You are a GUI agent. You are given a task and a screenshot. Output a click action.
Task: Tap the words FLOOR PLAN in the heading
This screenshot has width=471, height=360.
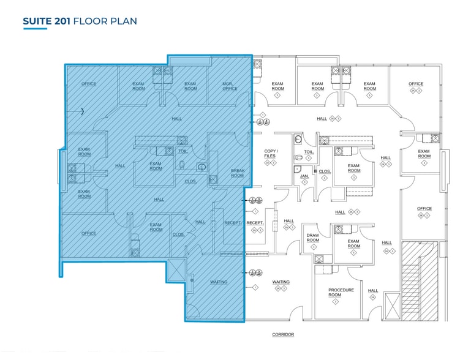click(x=105, y=21)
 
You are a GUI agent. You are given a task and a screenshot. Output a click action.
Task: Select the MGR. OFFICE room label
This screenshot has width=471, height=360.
click(x=230, y=86)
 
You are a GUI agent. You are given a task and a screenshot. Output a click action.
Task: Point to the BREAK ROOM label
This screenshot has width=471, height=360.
click(x=237, y=173)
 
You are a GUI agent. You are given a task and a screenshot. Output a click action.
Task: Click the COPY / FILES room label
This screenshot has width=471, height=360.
click(x=270, y=153)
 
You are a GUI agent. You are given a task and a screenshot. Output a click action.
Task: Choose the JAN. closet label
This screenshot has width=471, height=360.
click(x=304, y=176)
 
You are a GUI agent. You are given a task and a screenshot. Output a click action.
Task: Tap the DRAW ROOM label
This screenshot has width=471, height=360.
click(x=312, y=238)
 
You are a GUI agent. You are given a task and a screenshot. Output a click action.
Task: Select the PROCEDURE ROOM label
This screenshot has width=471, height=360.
click(x=341, y=292)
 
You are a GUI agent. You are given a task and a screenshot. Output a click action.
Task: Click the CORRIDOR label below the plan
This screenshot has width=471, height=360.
click(x=283, y=334)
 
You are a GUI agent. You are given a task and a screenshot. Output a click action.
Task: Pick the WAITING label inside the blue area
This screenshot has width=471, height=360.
click(x=219, y=282)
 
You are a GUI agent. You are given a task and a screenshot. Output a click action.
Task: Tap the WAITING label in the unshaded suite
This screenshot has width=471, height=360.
click(x=281, y=282)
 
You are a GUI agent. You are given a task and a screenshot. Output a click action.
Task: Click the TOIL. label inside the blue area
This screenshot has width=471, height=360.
click(x=182, y=151)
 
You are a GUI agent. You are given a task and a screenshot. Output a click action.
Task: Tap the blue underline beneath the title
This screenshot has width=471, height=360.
click(x=35, y=29)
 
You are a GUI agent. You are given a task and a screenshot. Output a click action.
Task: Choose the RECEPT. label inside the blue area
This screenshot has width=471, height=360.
click(x=233, y=223)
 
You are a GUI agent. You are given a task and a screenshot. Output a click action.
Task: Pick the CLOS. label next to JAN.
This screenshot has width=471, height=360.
click(x=324, y=171)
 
